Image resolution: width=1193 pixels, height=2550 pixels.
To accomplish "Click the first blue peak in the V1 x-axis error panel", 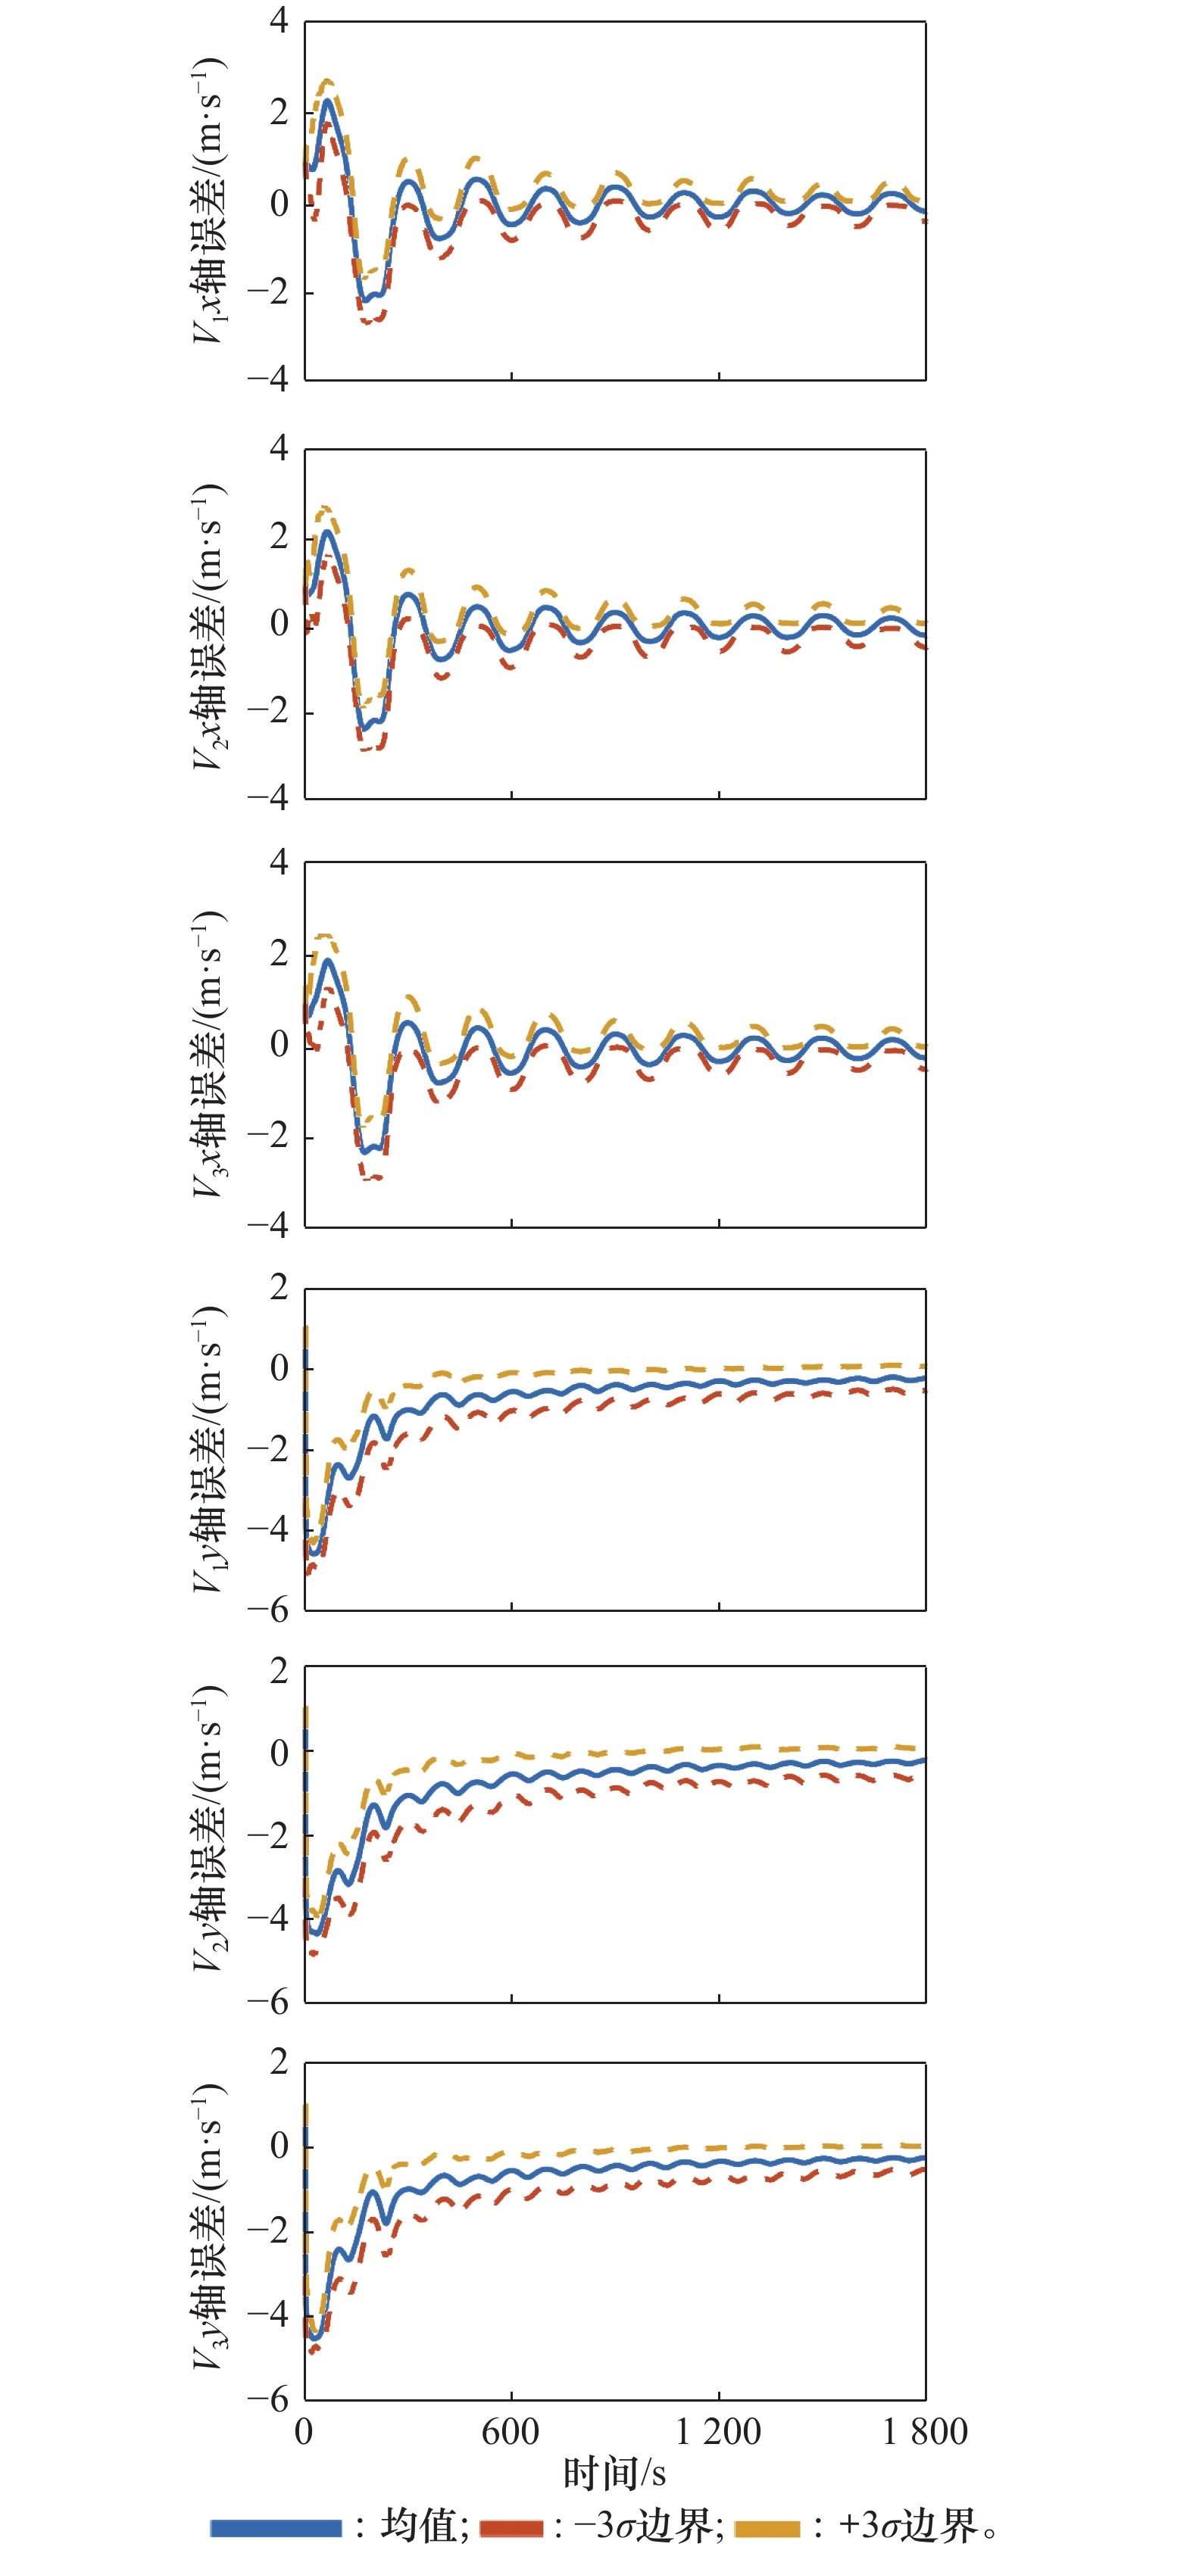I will click(x=326, y=100).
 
